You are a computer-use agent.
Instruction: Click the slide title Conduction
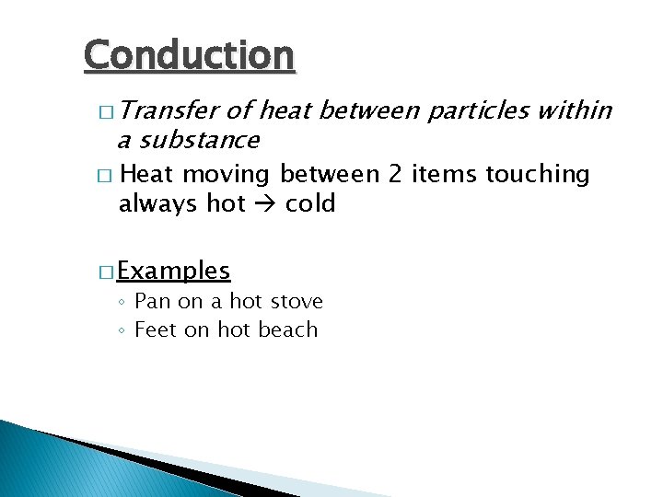pyautogui.click(x=189, y=55)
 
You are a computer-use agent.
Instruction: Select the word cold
pyautogui.click(x=310, y=203)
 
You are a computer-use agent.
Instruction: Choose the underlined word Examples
pyautogui.click(x=174, y=272)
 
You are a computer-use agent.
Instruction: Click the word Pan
pyautogui.click(x=153, y=302)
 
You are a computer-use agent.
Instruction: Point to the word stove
pyautogui.click(x=297, y=302)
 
